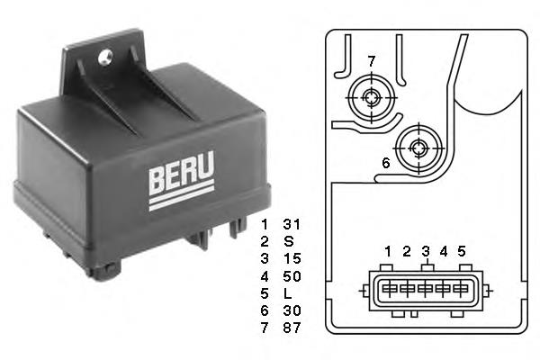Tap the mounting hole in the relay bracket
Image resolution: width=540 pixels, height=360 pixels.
point(104,58)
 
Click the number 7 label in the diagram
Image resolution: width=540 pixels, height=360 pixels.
point(370,60)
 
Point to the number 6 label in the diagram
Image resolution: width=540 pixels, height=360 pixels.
point(385,163)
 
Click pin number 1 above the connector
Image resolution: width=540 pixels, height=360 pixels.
point(387,251)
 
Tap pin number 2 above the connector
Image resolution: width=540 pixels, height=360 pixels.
point(407,251)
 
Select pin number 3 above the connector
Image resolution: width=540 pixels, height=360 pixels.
point(427,251)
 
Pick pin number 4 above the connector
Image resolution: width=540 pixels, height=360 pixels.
point(444,251)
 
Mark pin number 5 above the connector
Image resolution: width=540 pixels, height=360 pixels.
point(462,251)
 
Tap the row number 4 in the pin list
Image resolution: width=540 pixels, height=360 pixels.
point(264,275)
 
